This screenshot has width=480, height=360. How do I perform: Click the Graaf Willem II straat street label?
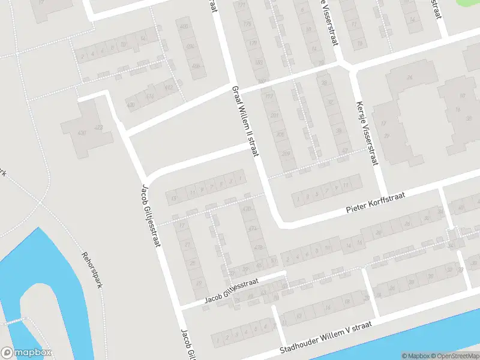(245, 119)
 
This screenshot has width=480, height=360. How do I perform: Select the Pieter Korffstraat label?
(376, 203)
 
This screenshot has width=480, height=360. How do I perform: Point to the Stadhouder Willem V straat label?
(325, 337)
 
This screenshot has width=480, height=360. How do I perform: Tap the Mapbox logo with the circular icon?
(26, 353)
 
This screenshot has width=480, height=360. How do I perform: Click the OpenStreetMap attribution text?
(454, 356)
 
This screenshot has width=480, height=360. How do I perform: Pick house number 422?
(99, 127)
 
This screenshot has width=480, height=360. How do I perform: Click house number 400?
(183, 27)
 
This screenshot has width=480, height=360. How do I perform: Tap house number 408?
(196, 66)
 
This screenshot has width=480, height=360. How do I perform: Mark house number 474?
(253, 229)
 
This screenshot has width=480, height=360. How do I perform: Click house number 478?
(259, 247)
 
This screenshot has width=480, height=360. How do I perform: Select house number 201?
(275, 115)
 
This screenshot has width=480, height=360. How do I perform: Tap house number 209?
(287, 154)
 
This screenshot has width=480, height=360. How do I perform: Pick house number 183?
(259, 62)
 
